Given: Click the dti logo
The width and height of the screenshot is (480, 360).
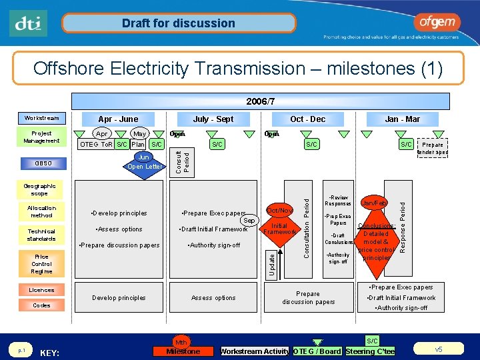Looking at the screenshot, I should tap(29, 23).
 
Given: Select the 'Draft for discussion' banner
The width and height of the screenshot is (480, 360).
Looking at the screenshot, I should tap(178, 23).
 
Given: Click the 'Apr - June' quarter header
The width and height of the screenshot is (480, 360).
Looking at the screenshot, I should tap(118, 119).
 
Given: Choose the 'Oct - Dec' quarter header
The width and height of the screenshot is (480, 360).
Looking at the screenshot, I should tap(307, 119).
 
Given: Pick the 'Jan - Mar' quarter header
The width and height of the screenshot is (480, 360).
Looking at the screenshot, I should tap(403, 119).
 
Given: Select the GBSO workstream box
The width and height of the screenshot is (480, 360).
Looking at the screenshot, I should tap(41, 163).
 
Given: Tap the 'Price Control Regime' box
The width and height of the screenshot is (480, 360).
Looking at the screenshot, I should tap(41, 264).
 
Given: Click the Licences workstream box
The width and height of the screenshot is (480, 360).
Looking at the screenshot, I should tap(41, 290).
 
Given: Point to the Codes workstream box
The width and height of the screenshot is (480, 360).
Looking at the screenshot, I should tap(41, 305).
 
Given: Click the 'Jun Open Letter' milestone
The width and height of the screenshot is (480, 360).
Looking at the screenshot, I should tap(144, 162).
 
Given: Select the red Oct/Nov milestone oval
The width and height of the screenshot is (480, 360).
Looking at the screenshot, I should tap(279, 210).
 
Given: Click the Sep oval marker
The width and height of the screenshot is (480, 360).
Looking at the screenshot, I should tap(249, 220).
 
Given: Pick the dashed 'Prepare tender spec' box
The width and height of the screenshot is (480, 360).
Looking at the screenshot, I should tap(432, 149).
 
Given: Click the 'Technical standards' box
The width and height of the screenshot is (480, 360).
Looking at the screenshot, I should tap(41, 234).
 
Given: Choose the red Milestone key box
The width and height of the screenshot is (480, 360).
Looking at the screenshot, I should tap(183, 351).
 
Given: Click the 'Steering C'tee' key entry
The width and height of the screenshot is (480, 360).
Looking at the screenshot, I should tap(370, 351).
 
